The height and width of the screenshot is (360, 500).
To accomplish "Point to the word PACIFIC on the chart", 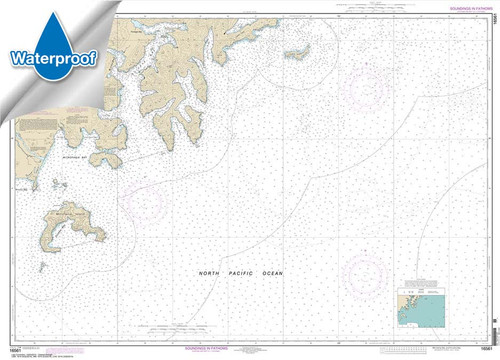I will [x=241, y=273].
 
